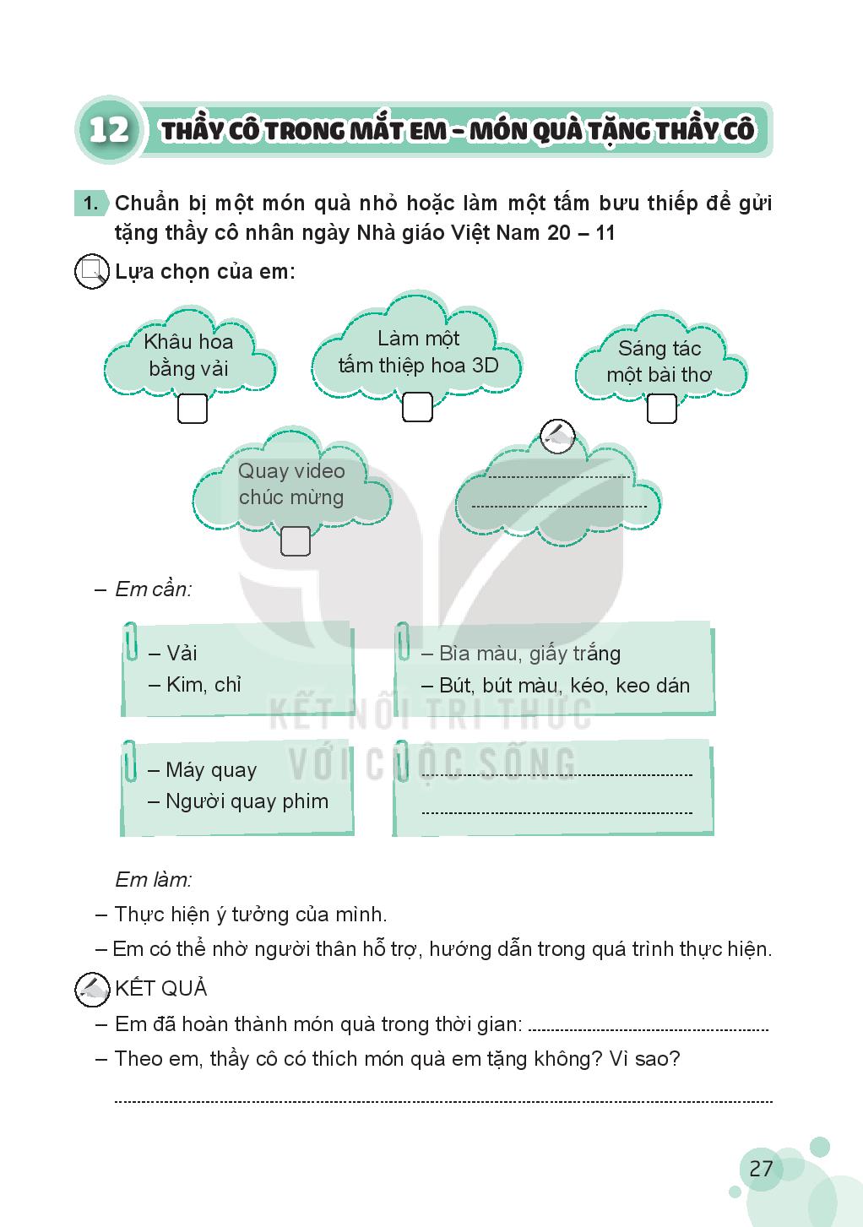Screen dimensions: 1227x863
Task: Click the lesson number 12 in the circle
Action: tap(109, 130)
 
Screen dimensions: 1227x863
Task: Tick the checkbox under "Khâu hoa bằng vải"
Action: tap(193, 410)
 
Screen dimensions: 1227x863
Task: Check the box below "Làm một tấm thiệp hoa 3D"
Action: tap(417, 407)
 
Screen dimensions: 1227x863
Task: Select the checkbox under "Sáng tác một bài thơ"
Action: tap(661, 409)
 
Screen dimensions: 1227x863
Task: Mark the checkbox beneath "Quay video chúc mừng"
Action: tap(295, 541)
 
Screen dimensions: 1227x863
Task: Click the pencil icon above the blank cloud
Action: tap(557, 436)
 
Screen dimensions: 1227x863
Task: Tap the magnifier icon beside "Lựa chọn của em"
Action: tap(91, 272)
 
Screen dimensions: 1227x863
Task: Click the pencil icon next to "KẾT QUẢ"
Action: tap(91, 989)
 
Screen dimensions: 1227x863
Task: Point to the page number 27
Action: tap(761, 1169)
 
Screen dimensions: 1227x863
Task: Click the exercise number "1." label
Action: tap(90, 204)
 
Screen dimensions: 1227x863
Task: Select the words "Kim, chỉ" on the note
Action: tap(204, 685)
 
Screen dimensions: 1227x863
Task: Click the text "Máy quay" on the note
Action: tap(210, 770)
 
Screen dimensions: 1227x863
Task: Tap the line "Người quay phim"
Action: tap(247, 801)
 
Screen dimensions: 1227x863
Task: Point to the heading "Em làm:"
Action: tap(153, 880)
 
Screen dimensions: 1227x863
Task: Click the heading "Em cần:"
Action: tap(153, 589)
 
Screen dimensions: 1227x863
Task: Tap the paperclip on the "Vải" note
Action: tap(131, 642)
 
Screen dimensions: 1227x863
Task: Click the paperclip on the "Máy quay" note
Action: tap(130, 760)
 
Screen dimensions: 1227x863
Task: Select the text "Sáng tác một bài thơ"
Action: tap(659, 361)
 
